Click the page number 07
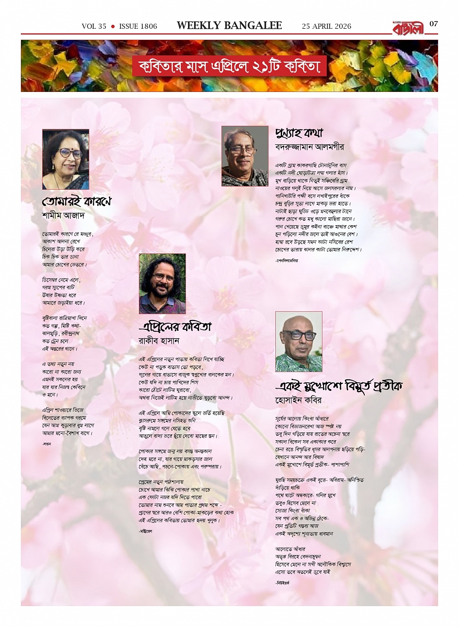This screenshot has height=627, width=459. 433,24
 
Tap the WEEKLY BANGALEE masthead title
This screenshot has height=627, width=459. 229,26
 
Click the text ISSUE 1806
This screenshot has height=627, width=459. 138,26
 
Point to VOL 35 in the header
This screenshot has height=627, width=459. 94,26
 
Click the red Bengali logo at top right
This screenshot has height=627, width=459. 408,28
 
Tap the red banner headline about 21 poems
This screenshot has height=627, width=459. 229,66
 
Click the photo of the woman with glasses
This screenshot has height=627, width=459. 66,159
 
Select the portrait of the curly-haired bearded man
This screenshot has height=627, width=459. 162,284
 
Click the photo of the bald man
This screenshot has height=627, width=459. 299,341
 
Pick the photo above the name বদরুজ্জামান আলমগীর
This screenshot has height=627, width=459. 245,156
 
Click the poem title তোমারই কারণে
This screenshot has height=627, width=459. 77,201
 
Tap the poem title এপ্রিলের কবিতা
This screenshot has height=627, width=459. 175,326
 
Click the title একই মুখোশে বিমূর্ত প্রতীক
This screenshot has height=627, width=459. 339,386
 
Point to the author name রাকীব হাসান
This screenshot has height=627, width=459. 159,341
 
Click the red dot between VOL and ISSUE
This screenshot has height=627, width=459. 113,26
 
